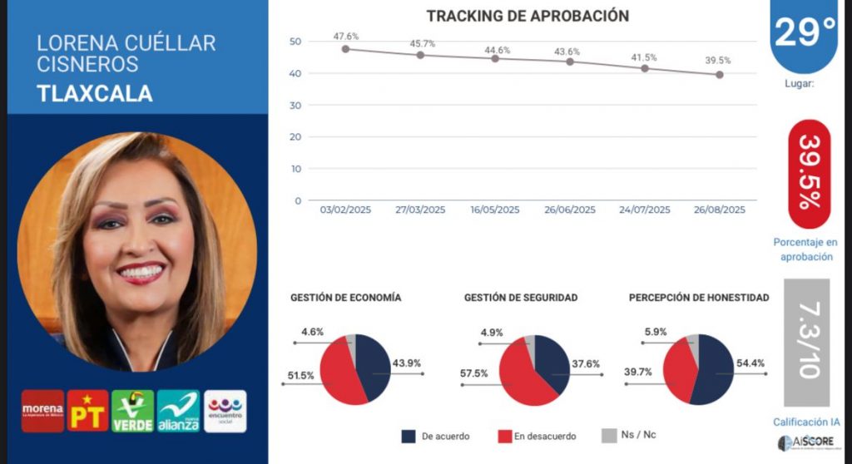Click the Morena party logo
pyautogui.click(x=42, y=411)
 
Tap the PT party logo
pyautogui.click(x=88, y=411)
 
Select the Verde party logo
pyautogui.click(x=133, y=411)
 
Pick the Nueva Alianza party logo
pyautogui.click(x=179, y=411)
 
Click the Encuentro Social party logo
pyautogui.click(x=225, y=411)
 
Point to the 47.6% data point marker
pyautogui.click(x=345, y=48)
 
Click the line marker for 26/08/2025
pyautogui.click(x=720, y=75)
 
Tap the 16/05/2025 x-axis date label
pyautogui.click(x=495, y=210)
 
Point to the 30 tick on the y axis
pyautogui.click(x=296, y=106)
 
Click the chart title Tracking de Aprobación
pyautogui.click(x=528, y=16)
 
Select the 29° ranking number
pyautogui.click(x=805, y=32)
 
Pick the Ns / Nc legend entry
pyautogui.click(x=632, y=436)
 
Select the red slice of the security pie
pyautogui.click(x=516, y=378)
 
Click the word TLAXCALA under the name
pyautogui.click(x=95, y=93)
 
